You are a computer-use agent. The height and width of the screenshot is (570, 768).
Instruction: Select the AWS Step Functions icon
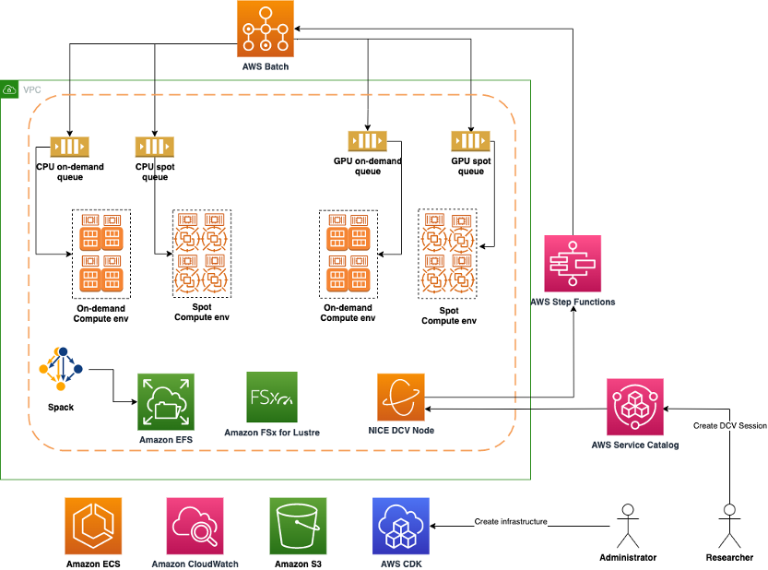pyautogui.click(x=573, y=264)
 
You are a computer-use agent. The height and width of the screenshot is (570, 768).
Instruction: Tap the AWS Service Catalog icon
pyautogui.click(x=635, y=407)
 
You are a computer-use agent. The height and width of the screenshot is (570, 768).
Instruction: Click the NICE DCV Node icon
pyautogui.click(x=401, y=398)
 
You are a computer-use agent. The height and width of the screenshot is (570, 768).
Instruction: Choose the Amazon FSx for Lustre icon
pyautogui.click(x=272, y=398)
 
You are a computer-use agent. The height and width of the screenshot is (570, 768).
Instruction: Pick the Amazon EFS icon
pyautogui.click(x=166, y=402)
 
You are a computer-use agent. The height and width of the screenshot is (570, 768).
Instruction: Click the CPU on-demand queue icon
pyautogui.click(x=69, y=147)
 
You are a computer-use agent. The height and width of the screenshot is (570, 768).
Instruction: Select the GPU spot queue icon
pyautogui.click(x=470, y=141)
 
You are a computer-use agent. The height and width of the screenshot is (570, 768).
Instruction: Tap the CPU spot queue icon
pyautogui.click(x=155, y=147)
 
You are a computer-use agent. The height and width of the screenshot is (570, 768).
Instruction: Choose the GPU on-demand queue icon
pyautogui.click(x=367, y=141)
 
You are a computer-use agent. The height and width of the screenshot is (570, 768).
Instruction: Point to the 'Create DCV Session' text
pyautogui.click(x=729, y=425)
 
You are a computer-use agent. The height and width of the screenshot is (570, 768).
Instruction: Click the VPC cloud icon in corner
pyautogui.click(x=10, y=89)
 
